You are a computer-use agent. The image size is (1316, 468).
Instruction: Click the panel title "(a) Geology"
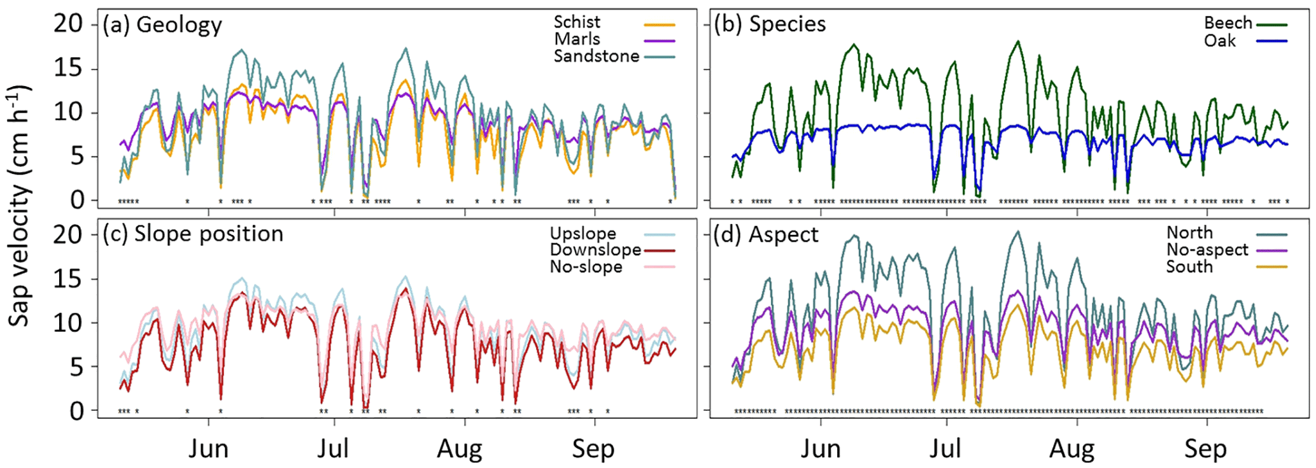click(162, 25)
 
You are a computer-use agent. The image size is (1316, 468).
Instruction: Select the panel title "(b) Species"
click(770, 24)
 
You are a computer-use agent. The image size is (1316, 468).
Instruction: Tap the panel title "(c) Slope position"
click(193, 234)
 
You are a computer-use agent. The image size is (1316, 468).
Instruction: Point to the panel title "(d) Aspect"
click(766, 234)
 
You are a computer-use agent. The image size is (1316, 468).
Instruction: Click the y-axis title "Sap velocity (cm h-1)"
click(19, 207)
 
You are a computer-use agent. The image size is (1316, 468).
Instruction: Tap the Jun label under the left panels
click(208, 449)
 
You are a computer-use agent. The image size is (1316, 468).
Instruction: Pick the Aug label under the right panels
click(1072, 449)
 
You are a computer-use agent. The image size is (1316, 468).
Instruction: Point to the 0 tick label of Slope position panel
click(76, 411)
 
